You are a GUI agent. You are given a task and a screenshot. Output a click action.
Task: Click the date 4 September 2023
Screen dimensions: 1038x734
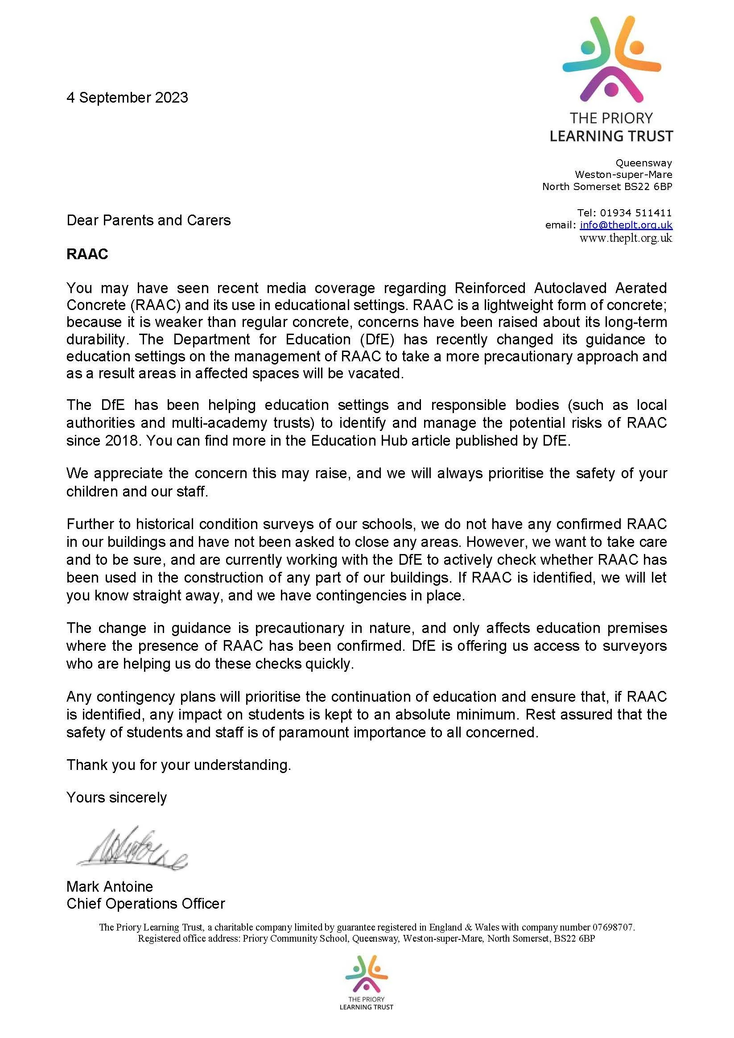click(127, 98)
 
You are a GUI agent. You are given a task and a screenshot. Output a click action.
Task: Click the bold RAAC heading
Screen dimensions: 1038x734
click(87, 255)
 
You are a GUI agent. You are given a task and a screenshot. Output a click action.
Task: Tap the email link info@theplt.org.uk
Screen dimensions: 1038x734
click(626, 225)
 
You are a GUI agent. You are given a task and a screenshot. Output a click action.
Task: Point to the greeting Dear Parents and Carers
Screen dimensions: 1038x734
click(148, 220)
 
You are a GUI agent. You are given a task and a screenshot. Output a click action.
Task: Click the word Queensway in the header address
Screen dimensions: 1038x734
click(643, 163)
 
